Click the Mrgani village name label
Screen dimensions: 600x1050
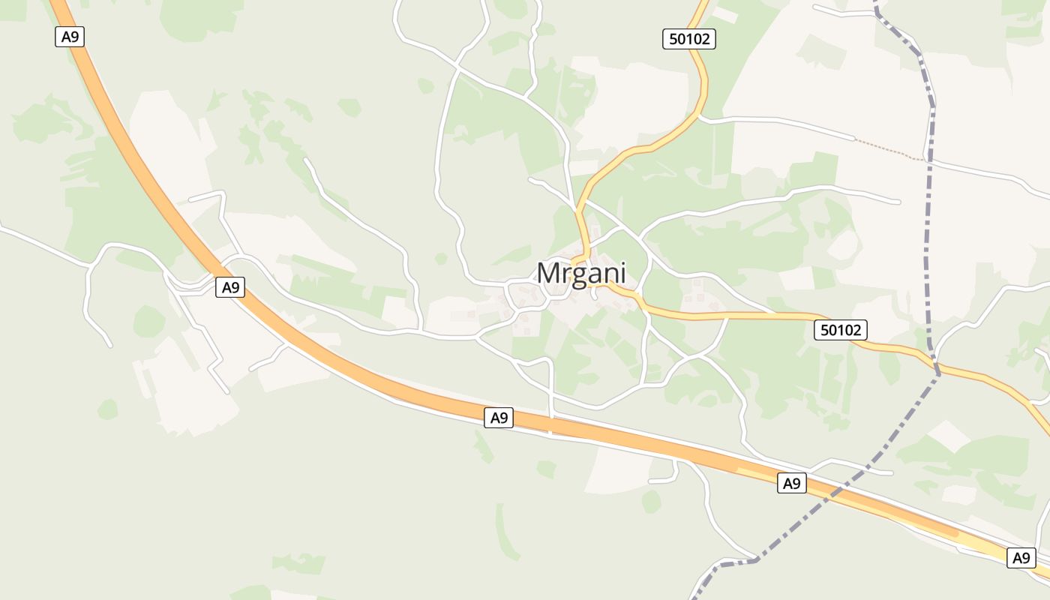(581, 274)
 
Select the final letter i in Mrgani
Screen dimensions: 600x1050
(622, 274)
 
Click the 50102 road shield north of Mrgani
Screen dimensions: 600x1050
(689, 39)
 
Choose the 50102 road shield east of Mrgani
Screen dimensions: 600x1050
(841, 329)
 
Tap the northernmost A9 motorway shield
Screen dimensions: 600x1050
(69, 36)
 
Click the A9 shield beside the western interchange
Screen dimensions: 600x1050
(230, 286)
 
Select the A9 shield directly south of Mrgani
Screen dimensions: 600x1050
(499, 418)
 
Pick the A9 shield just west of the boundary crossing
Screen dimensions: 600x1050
(791, 483)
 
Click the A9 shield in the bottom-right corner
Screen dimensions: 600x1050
(1021, 558)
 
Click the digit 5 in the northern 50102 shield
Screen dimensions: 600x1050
(672, 39)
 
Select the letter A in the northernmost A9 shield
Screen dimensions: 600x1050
(64, 36)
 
